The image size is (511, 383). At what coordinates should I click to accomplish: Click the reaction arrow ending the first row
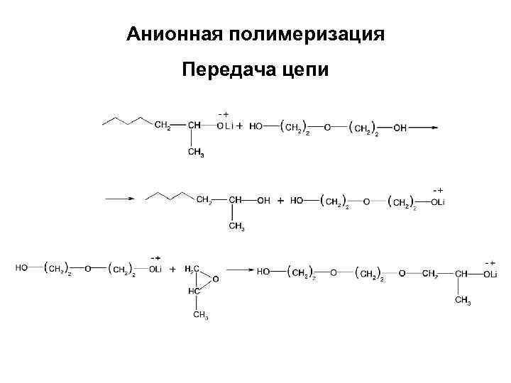[424, 128]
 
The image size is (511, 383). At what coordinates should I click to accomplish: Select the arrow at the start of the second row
[121, 200]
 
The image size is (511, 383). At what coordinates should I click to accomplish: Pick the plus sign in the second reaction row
[280, 201]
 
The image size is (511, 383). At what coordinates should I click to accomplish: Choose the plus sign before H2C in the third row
[172, 270]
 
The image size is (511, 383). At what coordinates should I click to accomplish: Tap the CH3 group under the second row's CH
[236, 228]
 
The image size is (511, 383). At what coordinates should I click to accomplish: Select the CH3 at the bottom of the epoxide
[201, 316]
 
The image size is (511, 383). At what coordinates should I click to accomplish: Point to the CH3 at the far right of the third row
[463, 301]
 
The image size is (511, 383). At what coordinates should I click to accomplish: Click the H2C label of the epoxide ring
[192, 269]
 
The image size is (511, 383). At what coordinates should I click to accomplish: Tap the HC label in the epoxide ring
[193, 291]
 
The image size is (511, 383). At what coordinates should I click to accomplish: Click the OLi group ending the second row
[437, 201]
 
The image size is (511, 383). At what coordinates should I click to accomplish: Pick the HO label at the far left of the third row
[22, 269]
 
